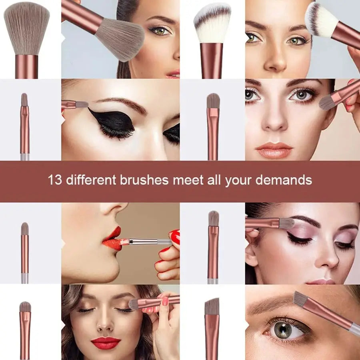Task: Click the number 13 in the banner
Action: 55,180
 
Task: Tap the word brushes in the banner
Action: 144,180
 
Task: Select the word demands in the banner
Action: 284,180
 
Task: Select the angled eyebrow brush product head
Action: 212,306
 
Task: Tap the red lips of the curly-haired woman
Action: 106,343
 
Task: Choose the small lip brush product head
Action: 24,229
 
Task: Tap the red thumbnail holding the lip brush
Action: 176,235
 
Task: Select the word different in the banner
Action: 91,180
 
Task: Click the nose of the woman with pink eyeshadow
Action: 328,257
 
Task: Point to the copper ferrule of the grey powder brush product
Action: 27,66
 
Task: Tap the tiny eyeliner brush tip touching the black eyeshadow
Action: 82,105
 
